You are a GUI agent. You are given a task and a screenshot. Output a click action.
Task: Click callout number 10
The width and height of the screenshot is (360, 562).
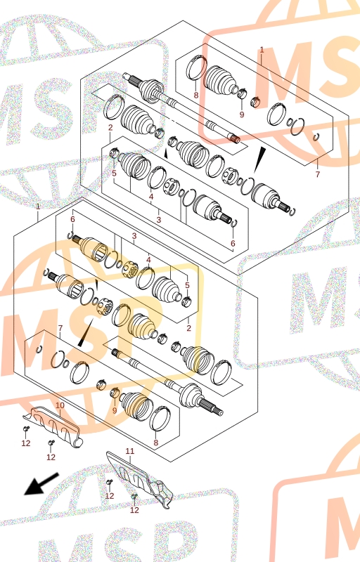(x=60, y=405)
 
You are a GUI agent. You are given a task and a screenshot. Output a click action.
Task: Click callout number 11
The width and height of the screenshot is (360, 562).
(x=130, y=451)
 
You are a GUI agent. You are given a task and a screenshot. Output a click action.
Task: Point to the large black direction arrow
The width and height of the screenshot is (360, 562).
(x=41, y=484)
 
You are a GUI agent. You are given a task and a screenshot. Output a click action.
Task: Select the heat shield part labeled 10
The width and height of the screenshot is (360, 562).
(x=53, y=426)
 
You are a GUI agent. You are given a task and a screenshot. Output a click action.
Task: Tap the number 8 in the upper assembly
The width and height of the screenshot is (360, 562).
(x=195, y=96)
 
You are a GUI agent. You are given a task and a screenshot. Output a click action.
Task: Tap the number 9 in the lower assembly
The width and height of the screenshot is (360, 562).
(x=115, y=411)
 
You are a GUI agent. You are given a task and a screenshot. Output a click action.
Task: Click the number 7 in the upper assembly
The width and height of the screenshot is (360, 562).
(x=317, y=174)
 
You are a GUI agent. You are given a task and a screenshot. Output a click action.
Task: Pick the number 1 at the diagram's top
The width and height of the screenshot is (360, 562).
(x=262, y=50)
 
